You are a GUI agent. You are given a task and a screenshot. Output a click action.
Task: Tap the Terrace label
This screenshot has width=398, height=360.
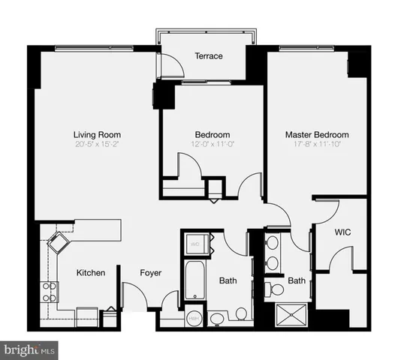tap(209, 55)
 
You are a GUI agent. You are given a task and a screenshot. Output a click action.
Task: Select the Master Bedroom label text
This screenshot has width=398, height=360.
tap(316, 135)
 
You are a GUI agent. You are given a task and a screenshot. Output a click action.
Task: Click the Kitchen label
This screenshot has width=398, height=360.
tap(91, 273)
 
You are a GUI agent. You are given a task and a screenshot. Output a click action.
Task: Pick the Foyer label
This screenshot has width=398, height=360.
tap(151, 273)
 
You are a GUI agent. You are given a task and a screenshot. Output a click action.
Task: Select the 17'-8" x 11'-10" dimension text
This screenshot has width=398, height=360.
tap(316, 144)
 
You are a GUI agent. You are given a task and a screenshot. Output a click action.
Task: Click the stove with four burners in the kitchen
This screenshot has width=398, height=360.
tap(50, 292)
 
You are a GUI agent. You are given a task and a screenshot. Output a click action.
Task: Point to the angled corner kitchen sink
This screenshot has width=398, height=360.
tap(58, 243)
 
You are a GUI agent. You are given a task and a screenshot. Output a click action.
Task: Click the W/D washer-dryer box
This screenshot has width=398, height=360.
tap(195, 244)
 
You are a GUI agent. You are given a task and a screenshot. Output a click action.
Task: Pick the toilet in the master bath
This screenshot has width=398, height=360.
tap(276, 289)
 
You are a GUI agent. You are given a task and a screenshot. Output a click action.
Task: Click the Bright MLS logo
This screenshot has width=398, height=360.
tap(30, 349)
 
